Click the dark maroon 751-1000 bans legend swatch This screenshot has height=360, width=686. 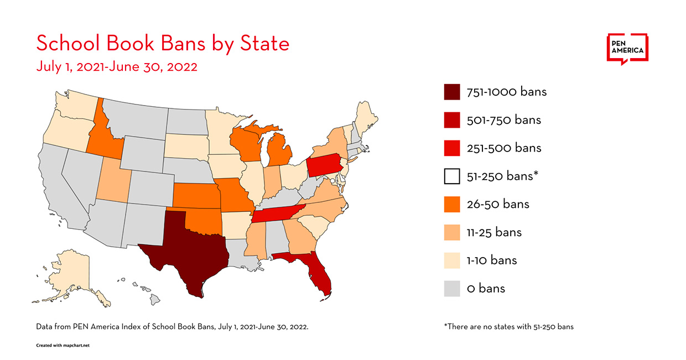tap(452, 92)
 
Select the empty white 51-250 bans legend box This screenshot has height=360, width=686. tap(452, 176)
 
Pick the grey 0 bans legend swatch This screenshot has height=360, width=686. tap(452, 289)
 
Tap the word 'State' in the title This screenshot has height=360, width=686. tap(260, 44)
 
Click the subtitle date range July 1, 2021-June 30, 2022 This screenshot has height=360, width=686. tap(117, 67)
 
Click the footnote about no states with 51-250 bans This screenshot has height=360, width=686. tap(508, 327)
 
